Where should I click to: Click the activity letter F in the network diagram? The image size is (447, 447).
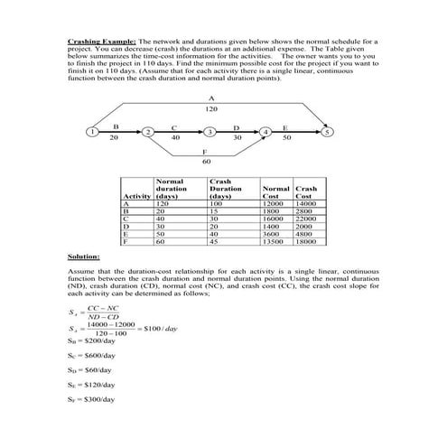click(x=207, y=151)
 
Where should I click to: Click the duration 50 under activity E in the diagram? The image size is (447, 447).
click(x=287, y=138)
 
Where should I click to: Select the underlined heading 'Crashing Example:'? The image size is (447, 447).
click(x=102, y=42)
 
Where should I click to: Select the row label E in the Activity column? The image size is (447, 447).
click(x=126, y=234)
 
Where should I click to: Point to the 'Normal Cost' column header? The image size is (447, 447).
click(x=275, y=192)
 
